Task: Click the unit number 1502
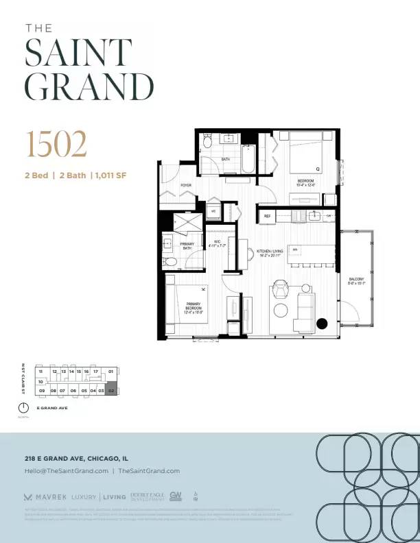[57, 145]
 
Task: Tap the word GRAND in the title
[89, 86]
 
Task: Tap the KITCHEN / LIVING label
[270, 252]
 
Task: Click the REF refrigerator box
[267, 216]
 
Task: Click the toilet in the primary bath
[170, 261]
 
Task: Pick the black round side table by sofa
[322, 324]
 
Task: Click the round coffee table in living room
[280, 310]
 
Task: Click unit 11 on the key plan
[40, 372]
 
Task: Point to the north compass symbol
[23, 408]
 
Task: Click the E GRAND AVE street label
[52, 409]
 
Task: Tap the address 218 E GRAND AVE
[75, 458]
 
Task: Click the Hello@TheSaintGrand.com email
[66, 471]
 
